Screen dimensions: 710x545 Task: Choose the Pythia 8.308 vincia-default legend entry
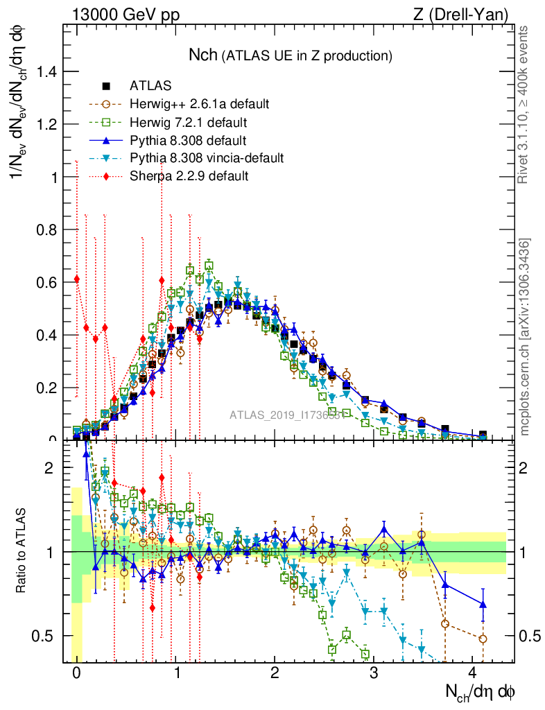(x=206, y=158)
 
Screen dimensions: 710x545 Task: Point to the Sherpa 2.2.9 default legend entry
(x=189, y=176)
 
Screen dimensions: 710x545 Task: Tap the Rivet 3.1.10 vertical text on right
(x=525, y=104)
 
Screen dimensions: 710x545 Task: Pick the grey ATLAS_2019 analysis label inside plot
(x=284, y=416)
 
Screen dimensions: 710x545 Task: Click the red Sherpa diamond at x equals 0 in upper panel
(x=77, y=279)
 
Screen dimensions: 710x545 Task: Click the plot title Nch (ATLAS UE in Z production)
(x=291, y=55)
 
